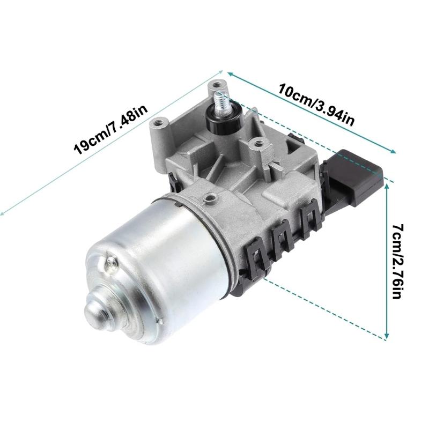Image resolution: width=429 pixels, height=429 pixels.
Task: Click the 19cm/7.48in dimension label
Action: coord(110,130)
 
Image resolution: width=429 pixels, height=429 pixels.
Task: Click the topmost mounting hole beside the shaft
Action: coord(217,85)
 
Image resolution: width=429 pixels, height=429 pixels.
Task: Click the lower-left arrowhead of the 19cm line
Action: coord(3,213)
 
